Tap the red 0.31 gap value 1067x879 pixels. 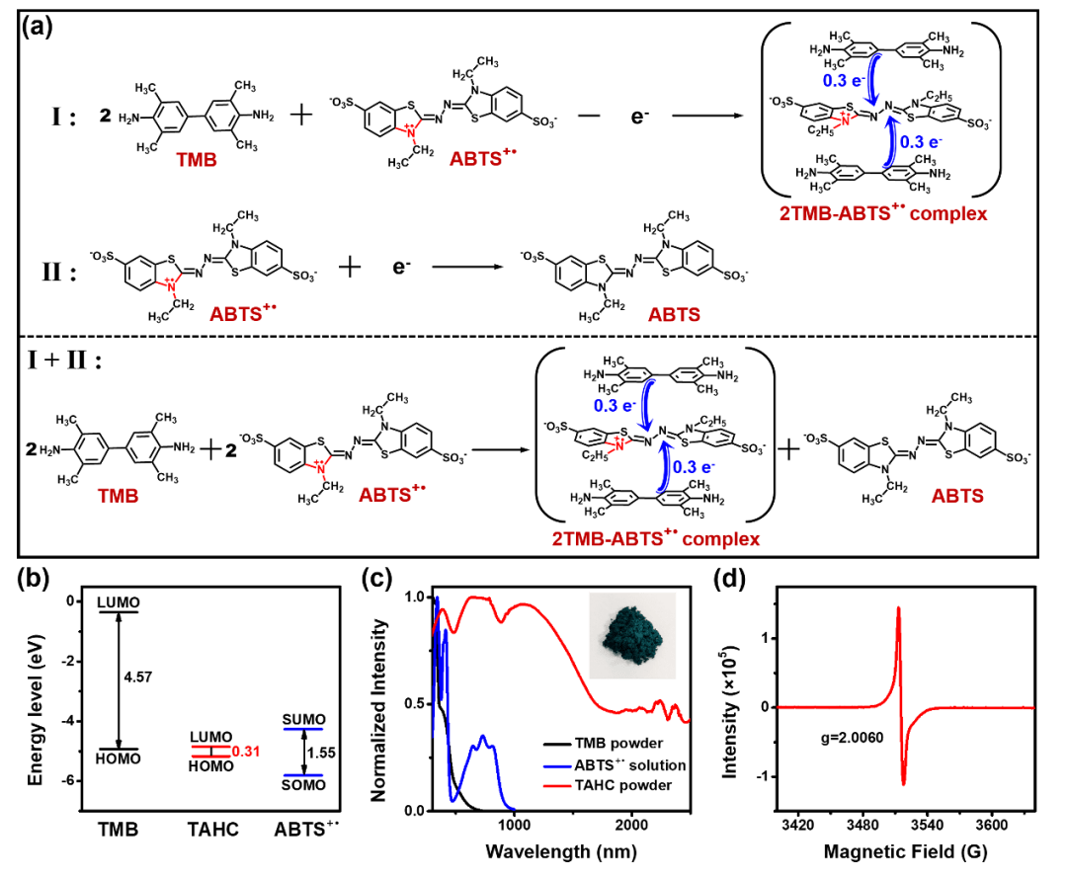coord(247,752)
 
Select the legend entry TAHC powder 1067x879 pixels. coord(637,786)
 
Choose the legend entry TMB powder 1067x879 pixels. coord(634,743)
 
